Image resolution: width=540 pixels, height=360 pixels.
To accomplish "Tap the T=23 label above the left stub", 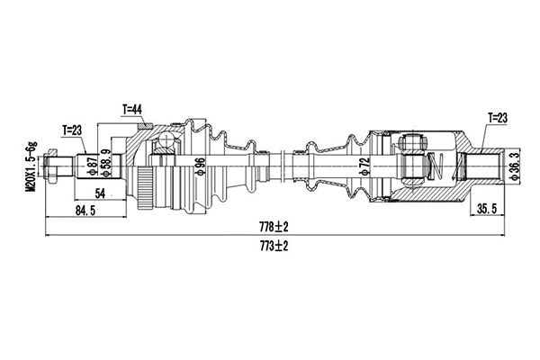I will pos(73,130).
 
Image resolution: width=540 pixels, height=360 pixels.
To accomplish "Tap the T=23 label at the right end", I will pos(498,117).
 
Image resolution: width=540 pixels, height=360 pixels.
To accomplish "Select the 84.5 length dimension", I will pos(85,212).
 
